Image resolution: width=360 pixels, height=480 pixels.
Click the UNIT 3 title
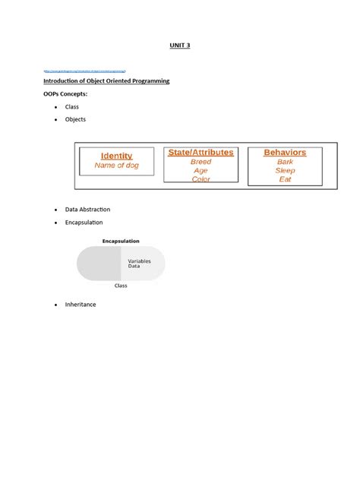click(179, 46)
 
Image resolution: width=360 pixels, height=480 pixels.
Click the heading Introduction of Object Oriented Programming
click(100, 81)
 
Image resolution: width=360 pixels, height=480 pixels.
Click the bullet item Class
click(72, 107)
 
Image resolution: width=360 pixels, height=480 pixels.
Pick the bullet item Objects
click(76, 119)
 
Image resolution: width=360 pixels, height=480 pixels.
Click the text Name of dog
click(116, 165)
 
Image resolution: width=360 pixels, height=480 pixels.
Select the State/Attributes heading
click(201, 153)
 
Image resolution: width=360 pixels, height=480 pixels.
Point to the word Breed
click(201, 162)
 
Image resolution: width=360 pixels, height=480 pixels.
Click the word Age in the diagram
click(201, 171)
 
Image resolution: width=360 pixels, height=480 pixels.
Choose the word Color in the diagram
click(201, 180)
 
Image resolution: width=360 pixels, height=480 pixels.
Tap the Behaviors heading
click(285, 153)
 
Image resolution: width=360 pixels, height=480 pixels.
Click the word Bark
click(285, 162)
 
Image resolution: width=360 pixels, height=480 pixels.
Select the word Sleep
click(285, 171)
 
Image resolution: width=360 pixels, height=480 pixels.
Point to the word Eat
click(285, 180)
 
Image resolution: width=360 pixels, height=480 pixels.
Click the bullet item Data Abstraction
click(87, 209)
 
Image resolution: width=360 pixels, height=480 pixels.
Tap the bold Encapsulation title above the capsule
click(121, 241)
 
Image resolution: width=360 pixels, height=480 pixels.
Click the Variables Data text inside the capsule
click(139, 264)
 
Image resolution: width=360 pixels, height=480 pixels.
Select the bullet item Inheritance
click(81, 305)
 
